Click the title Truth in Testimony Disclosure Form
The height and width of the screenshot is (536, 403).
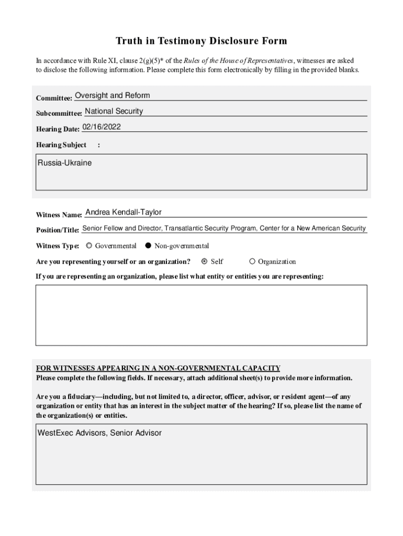[x=201, y=41]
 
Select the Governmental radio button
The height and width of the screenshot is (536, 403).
[x=89, y=245]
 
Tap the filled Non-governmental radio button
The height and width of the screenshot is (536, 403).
[x=148, y=245]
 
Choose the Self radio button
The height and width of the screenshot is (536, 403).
[x=205, y=261]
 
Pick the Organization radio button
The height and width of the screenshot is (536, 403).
[x=252, y=261]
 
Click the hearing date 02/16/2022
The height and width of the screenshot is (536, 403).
[x=102, y=127]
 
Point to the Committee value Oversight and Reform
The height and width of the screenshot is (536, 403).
[x=113, y=95]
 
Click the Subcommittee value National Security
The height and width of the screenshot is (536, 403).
[x=114, y=111]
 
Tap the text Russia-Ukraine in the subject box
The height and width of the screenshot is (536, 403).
[x=64, y=163]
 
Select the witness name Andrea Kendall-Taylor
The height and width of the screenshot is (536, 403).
[x=124, y=212]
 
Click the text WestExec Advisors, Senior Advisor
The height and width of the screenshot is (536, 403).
[x=99, y=433]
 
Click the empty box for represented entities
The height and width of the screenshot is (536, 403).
[x=201, y=315]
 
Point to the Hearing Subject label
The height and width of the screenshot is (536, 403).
[x=61, y=144]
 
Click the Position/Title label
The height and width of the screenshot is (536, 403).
[x=58, y=230]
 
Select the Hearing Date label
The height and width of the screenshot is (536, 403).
[x=58, y=129]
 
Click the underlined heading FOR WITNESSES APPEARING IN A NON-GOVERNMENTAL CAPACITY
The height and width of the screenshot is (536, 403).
[x=158, y=368]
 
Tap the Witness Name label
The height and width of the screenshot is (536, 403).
[x=59, y=215]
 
